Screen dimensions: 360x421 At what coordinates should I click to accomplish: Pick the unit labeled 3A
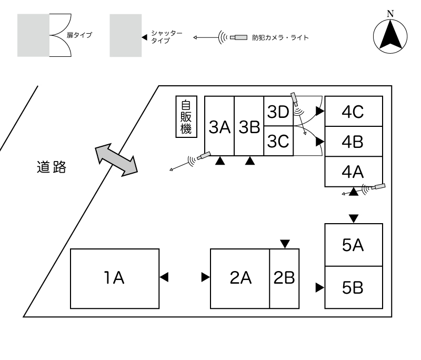[x=219, y=126]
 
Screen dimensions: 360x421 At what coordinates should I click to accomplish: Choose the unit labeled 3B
[x=248, y=126]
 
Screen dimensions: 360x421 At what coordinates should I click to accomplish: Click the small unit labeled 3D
[x=277, y=112]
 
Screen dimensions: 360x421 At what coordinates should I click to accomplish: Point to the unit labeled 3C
[x=277, y=141]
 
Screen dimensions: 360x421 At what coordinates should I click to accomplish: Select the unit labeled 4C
[x=354, y=112]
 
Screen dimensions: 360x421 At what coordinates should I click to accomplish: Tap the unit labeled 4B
[x=354, y=141]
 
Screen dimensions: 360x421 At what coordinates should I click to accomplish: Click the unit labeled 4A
[x=354, y=172]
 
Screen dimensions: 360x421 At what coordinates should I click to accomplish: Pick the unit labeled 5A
[x=354, y=245]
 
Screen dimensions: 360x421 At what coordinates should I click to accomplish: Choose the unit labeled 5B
[x=354, y=288]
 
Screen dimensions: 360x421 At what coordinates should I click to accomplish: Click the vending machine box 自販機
[x=186, y=117]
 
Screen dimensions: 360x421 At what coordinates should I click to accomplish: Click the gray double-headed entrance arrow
[x=115, y=159]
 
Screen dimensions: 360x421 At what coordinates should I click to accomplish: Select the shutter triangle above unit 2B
[x=285, y=243]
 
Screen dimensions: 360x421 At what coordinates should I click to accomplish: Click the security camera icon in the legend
[x=241, y=37]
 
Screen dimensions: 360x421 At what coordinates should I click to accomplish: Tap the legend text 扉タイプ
[x=79, y=35]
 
